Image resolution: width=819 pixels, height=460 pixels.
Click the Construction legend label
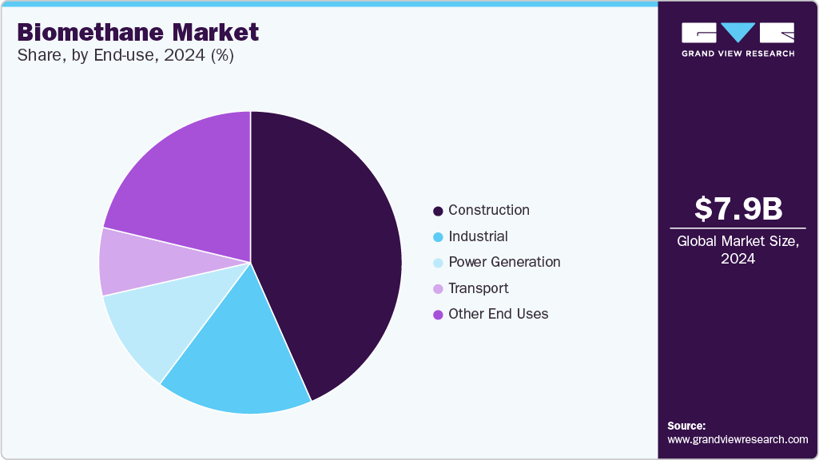pyautogui.click(x=488, y=210)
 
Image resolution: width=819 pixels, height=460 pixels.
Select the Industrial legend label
pyautogui.click(x=478, y=236)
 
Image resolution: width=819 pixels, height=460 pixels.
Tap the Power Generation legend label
pyautogui.click(x=504, y=262)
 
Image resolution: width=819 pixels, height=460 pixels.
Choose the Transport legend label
pyautogui.click(x=479, y=288)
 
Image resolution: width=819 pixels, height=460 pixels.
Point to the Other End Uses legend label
pyautogui.click(x=499, y=314)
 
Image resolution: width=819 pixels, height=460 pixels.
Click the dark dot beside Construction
pyautogui.click(x=438, y=211)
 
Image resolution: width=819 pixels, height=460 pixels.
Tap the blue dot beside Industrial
pyautogui.click(x=438, y=237)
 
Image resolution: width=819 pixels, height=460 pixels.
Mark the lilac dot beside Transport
pyautogui.click(x=438, y=289)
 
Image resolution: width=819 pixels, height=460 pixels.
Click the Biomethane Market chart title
pyautogui.click(x=137, y=32)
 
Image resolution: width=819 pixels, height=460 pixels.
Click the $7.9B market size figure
pyautogui.click(x=737, y=208)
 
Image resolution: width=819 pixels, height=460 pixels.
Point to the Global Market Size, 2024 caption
pyautogui.click(x=737, y=250)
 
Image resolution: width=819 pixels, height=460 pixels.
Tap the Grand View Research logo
pyautogui.click(x=737, y=39)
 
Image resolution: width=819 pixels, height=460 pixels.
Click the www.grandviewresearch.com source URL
pyautogui.click(x=737, y=439)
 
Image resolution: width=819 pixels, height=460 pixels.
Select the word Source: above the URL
pyautogui.click(x=686, y=426)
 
